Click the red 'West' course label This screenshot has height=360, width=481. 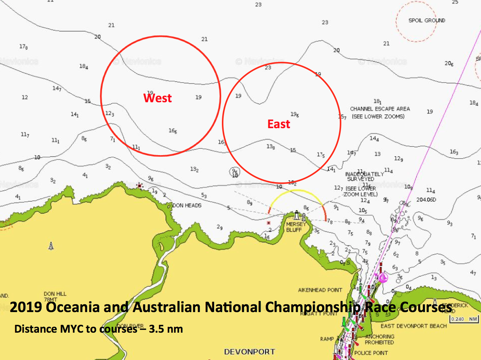157,98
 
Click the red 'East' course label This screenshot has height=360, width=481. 279,124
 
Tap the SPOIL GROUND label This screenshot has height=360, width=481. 427,21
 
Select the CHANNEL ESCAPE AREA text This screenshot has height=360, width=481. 380,109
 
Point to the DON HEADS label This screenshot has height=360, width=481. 187,206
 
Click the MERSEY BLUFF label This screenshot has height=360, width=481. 296,227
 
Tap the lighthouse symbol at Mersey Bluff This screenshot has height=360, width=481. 297,215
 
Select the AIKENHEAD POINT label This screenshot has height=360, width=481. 320,290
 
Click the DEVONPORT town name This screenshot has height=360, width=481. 250,352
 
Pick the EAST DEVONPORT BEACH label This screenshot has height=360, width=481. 413,326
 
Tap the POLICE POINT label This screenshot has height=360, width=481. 371,353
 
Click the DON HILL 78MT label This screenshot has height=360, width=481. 55,296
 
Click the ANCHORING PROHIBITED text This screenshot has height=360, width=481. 379,339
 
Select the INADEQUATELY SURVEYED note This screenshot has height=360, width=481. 364,176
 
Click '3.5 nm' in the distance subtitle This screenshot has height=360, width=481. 166,329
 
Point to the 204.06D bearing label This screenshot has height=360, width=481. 426,200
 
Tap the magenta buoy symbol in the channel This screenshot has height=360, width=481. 382,277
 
